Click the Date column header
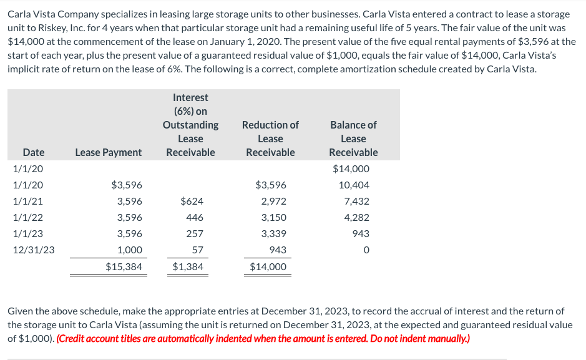click(34, 152)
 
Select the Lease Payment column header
click(108, 152)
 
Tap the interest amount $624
click(191, 202)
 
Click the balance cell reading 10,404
click(354, 185)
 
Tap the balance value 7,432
click(356, 202)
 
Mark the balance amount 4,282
click(356, 218)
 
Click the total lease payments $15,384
click(124, 267)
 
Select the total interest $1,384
click(188, 267)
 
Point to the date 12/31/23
click(34, 250)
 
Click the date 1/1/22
click(25, 218)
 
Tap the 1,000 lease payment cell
click(130, 250)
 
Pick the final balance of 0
click(366, 250)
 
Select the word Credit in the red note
click(73, 339)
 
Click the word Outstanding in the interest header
click(190, 125)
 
